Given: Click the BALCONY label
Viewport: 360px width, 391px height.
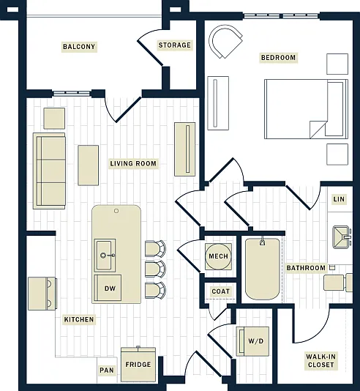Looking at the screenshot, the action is pos(79,47).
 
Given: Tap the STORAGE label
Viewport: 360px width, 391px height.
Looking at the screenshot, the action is pos(174,45).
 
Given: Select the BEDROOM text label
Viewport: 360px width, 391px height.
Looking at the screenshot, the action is pos(278,58).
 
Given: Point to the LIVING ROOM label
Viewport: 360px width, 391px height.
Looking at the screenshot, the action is pos(133,163).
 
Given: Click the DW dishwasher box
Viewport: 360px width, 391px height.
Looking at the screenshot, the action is pos(108,288).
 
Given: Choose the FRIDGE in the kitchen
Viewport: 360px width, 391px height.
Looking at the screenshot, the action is pos(138,365).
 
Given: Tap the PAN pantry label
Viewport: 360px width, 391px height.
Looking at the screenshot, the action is pos(107,370).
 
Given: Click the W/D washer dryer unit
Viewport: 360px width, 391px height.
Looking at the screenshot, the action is pos(252,341).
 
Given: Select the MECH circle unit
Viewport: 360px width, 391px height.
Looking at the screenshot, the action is pos(218,256).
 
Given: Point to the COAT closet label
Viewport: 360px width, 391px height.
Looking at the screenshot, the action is pos(220,291).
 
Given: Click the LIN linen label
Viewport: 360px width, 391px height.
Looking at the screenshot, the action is pos(339,199).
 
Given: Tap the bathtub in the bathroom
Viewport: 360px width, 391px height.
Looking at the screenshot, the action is pos(263,269).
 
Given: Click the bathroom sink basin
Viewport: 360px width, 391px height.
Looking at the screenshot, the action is pos(341,237).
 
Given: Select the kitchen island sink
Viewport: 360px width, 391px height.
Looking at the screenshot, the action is pos(105,255).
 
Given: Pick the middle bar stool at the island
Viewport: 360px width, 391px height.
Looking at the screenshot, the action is pos(155,269).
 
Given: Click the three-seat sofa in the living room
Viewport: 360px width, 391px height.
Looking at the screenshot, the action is pos(49,171).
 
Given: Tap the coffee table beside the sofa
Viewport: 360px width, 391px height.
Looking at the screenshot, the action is pos(89,165).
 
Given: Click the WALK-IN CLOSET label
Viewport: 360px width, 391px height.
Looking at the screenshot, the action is pos(320,360).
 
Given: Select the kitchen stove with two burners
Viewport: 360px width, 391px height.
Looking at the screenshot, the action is pos(42,294).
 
